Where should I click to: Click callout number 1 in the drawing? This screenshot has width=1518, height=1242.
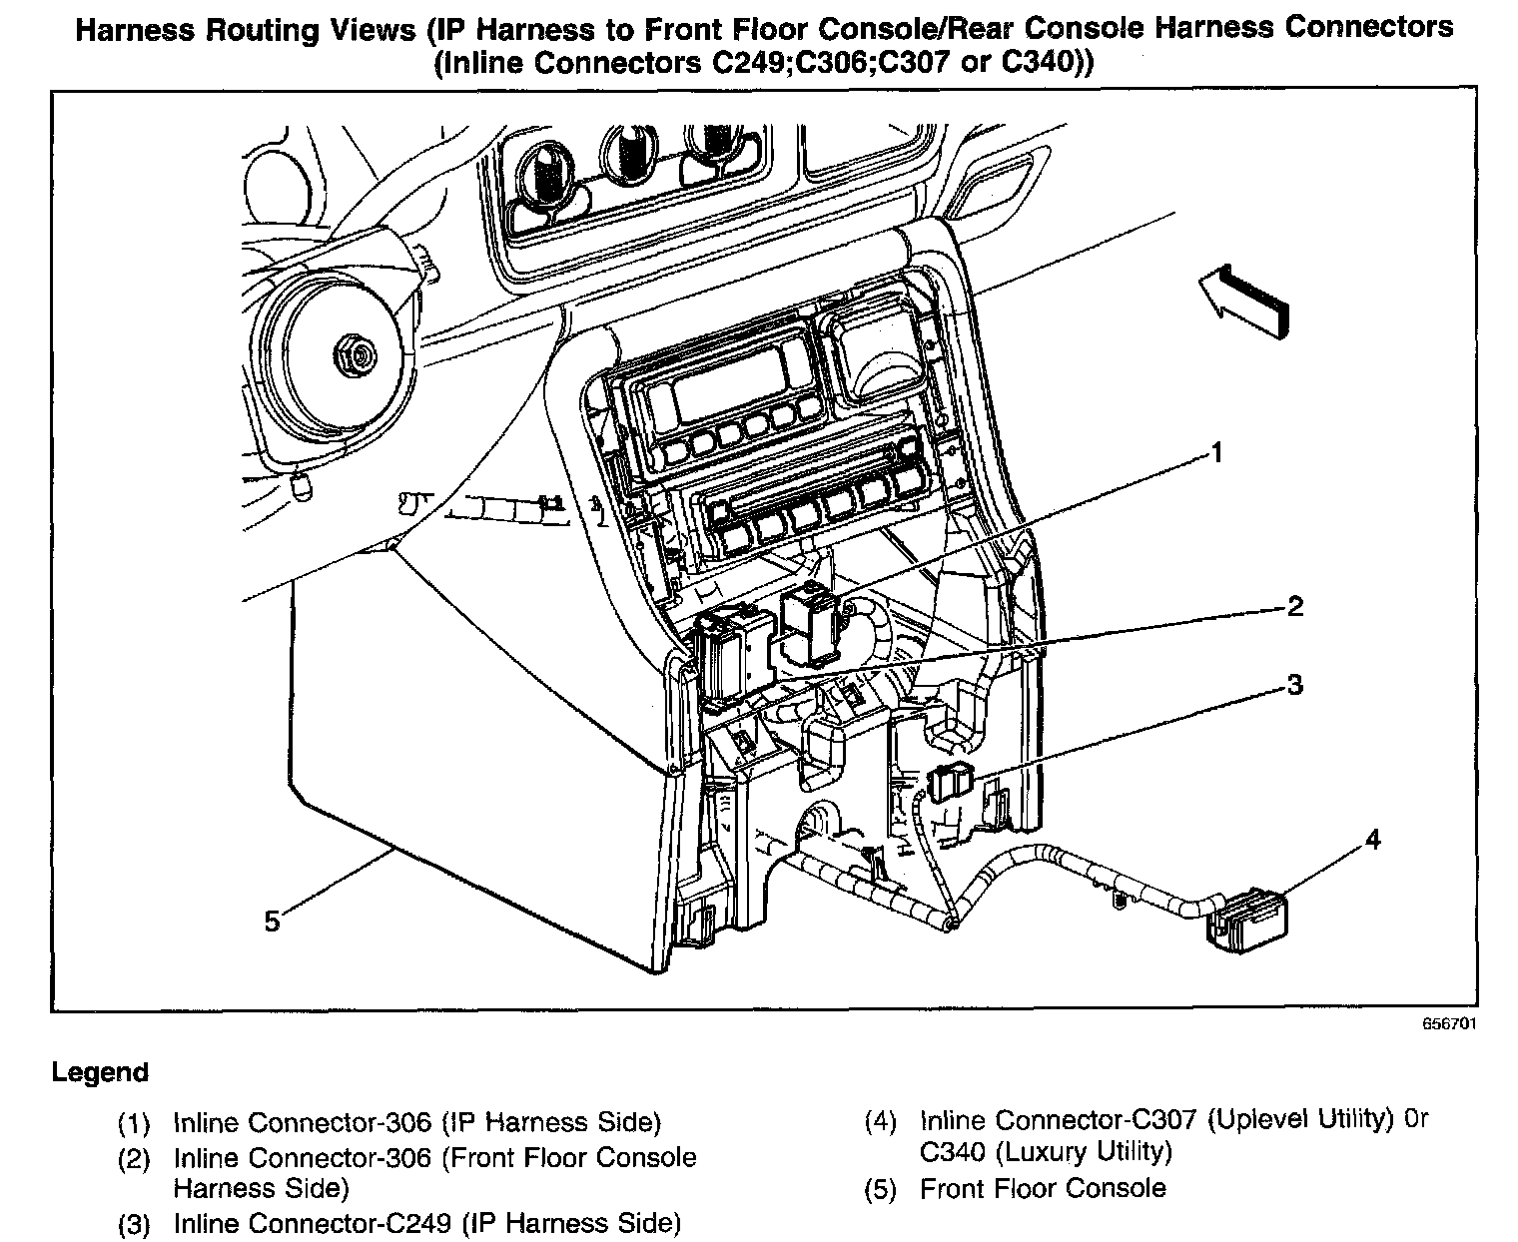tap(1215, 454)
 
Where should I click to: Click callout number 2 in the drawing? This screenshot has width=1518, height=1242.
tap(1294, 606)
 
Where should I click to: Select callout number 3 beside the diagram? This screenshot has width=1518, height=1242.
tap(1294, 685)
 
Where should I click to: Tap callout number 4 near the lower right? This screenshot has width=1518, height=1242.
tap(1372, 841)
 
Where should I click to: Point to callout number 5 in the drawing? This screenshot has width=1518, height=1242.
tap(273, 921)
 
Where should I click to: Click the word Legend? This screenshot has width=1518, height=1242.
tap(100, 1073)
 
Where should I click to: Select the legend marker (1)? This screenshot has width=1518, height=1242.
tap(133, 1124)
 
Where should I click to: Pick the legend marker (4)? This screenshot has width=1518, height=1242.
tap(880, 1122)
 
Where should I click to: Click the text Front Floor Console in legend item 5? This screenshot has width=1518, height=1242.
tap(1043, 1189)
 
